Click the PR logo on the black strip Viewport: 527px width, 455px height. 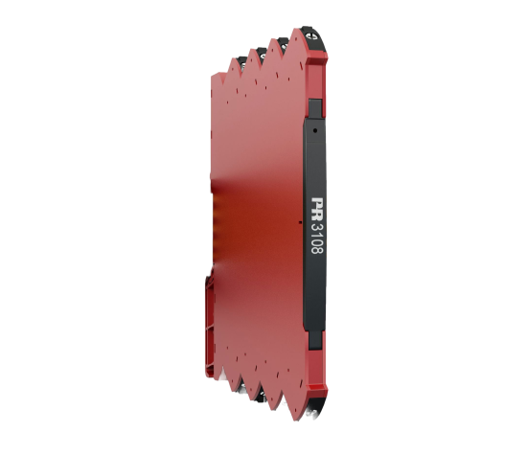point(316,209)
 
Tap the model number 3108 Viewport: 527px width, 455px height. point(316,239)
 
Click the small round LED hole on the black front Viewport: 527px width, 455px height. point(315,130)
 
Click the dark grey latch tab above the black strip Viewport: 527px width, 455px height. point(315,108)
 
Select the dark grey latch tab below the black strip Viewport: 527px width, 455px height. point(315,340)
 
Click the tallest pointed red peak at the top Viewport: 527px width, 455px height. point(296,33)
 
